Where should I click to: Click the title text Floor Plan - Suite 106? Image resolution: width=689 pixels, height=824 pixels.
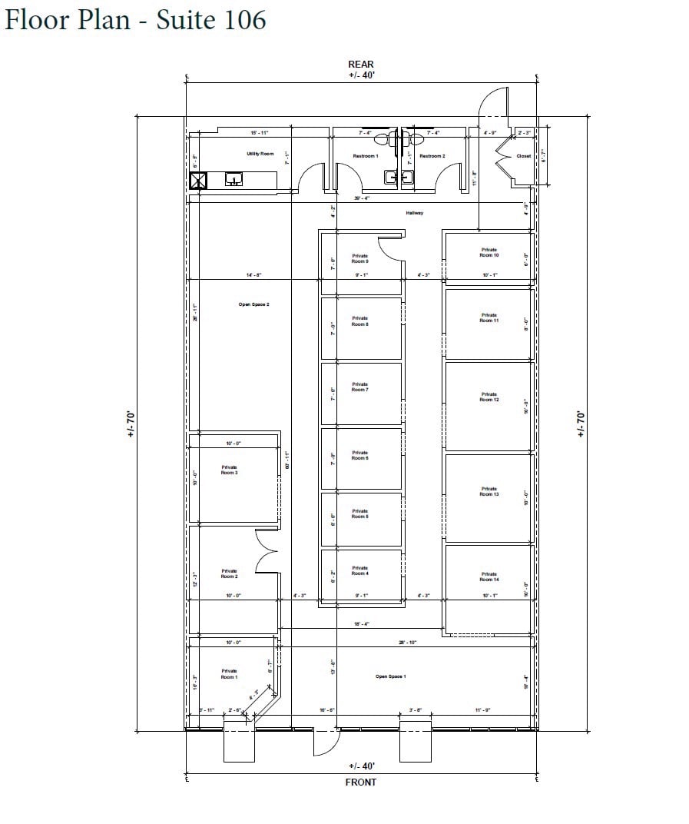[x=135, y=19]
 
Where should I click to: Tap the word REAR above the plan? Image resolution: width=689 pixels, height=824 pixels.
[x=361, y=65]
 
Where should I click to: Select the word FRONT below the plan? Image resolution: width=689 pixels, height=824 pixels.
[x=361, y=782]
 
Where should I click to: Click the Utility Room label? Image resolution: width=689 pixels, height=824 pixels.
[x=260, y=154]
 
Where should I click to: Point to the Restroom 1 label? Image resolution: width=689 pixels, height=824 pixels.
[x=365, y=156]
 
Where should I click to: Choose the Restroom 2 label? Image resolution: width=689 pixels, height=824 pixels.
[x=432, y=156]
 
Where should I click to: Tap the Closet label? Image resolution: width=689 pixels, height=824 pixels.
[x=523, y=156]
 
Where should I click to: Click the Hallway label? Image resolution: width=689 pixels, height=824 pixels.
[x=415, y=213]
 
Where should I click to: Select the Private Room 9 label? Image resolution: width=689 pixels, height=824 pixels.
[x=359, y=259]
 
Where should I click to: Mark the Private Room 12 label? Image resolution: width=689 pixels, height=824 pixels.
[x=489, y=397]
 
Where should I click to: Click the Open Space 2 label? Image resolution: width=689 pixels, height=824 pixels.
[x=253, y=304]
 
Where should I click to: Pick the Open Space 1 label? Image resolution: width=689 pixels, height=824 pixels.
[x=390, y=676]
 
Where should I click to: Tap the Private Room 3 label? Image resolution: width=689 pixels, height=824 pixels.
[x=229, y=470]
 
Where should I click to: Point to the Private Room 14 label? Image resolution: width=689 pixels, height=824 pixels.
[x=489, y=576]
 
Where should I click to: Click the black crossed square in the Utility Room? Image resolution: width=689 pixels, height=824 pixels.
[x=199, y=181]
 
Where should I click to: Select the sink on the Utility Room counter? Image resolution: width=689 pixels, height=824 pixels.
[x=234, y=180]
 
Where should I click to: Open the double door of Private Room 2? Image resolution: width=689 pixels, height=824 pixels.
[x=267, y=551]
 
